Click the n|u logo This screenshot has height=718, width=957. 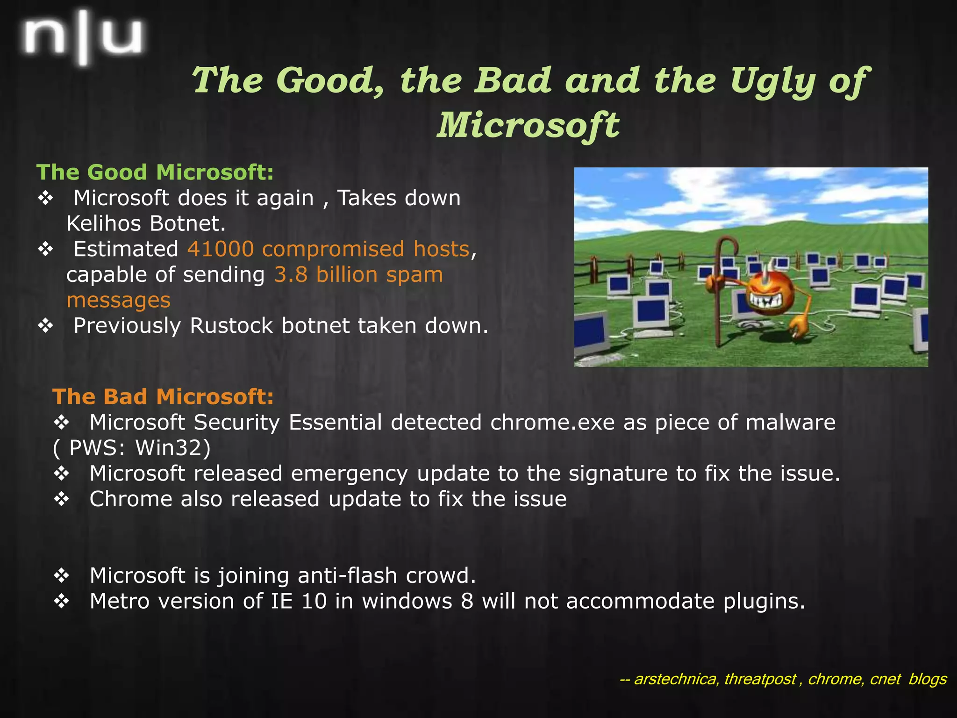click(x=83, y=37)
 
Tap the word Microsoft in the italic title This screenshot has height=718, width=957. click(x=528, y=125)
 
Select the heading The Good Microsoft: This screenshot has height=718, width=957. click(x=155, y=172)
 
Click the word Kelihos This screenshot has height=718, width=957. click(x=103, y=223)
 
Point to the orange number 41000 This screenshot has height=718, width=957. click(x=220, y=249)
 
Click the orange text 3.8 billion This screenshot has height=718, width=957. click(x=325, y=274)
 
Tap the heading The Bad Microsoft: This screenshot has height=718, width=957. click(x=163, y=396)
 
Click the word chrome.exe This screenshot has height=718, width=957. click(x=552, y=423)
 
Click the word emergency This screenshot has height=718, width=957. click(x=349, y=474)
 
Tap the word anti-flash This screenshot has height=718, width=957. click(x=347, y=575)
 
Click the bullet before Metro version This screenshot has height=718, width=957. click(x=61, y=601)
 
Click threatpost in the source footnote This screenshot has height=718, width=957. click(x=760, y=679)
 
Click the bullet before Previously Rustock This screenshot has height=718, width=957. click(x=46, y=326)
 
